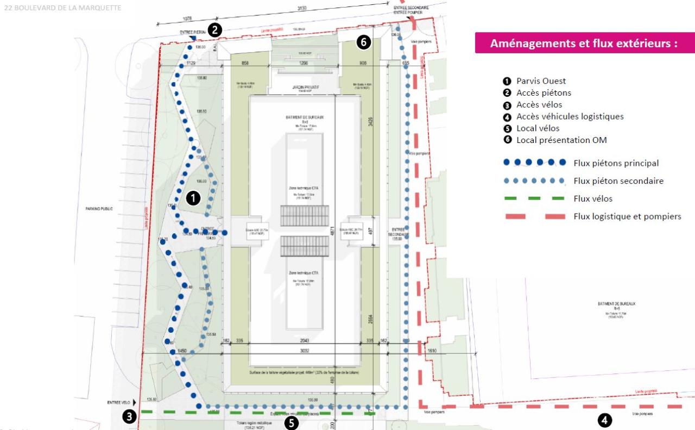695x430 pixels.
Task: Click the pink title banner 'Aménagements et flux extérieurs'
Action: [x=584, y=43]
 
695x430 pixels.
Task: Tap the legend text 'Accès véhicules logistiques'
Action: [x=570, y=116]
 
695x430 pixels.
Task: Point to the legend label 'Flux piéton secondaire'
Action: [x=618, y=181]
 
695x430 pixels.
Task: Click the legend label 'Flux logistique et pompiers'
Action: [x=627, y=216]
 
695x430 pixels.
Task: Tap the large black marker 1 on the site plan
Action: [x=193, y=198]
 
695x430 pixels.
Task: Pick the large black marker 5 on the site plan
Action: [x=292, y=422]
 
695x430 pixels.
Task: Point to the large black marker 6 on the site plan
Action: [x=364, y=42]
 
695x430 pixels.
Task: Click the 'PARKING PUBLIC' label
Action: [x=100, y=208]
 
